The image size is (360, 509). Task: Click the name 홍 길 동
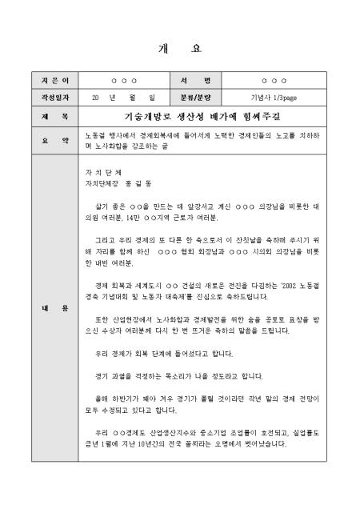(140, 183)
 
